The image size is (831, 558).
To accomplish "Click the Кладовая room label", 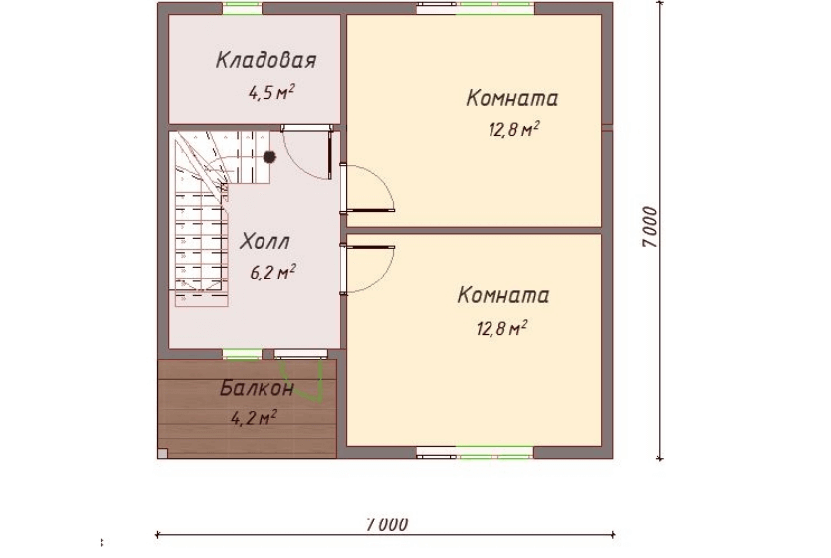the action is click(x=266, y=60).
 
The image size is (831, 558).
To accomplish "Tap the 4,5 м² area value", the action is click(x=271, y=92).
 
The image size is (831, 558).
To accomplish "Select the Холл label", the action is click(x=264, y=242).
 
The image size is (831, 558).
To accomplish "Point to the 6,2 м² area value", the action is click(x=272, y=273).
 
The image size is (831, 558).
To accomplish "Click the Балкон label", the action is click(x=257, y=389).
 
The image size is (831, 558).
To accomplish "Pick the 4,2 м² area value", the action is click(x=254, y=418).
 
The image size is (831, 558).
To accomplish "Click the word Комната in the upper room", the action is click(x=512, y=98).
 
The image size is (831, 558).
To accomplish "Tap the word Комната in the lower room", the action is click(x=503, y=295).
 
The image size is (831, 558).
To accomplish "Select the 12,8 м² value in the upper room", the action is click(x=514, y=129).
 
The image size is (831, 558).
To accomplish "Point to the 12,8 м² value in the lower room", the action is click(x=501, y=328).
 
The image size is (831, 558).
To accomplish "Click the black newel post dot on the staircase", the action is click(x=269, y=157).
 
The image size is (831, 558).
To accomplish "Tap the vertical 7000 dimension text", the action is click(x=650, y=227).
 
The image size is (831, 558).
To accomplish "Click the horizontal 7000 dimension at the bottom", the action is click(x=387, y=524).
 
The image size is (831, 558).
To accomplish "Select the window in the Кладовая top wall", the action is click(x=242, y=9).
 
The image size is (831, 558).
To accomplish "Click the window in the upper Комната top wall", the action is click(x=476, y=9).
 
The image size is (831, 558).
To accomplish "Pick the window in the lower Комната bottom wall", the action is click(x=475, y=453).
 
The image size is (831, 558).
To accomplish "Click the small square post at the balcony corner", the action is click(x=162, y=453).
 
